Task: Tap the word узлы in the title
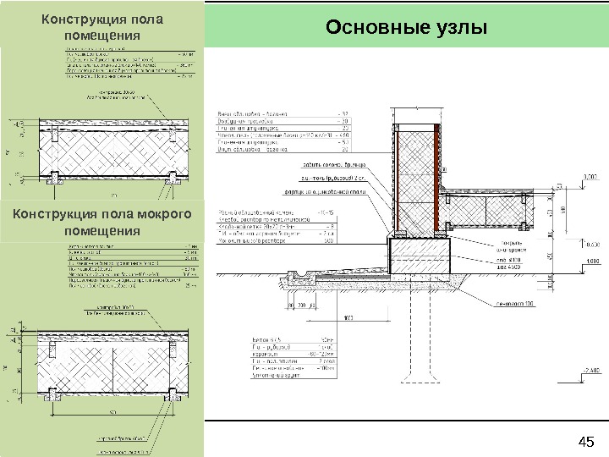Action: [460, 28]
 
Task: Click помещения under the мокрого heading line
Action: [101, 231]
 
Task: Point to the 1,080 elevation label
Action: [590, 262]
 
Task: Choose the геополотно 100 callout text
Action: [517, 303]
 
